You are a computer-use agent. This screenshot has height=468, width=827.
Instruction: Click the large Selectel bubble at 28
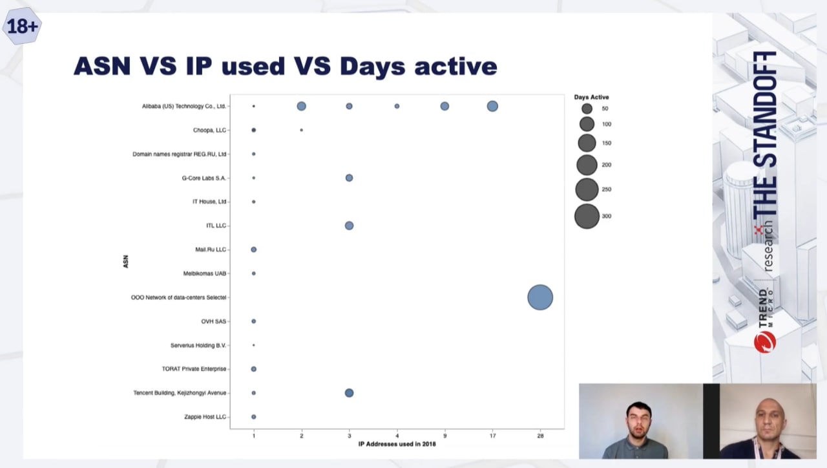540,297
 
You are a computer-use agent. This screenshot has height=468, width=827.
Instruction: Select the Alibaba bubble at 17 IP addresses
492,107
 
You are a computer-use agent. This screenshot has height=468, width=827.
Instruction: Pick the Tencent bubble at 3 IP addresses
349,392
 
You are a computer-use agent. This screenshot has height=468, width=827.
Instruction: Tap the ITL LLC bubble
349,226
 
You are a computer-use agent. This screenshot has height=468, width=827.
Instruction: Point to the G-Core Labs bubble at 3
349,178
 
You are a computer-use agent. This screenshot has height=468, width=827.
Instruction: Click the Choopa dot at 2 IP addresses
302,130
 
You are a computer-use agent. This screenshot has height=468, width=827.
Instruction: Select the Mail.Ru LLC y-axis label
211,250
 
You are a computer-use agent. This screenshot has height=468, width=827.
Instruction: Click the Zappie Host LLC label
205,417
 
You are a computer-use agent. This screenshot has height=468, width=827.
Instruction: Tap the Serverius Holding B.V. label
198,345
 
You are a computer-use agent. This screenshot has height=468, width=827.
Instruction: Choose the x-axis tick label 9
445,436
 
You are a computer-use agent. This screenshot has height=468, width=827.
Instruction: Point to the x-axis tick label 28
540,436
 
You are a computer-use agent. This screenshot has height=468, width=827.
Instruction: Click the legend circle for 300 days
587,216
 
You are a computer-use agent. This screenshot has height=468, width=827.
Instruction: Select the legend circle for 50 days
587,109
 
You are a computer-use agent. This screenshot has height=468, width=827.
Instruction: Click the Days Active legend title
591,97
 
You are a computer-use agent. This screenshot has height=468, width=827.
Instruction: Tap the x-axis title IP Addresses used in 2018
397,444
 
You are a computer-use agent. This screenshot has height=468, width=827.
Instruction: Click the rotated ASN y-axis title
125,262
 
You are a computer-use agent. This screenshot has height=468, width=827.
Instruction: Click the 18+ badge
22,27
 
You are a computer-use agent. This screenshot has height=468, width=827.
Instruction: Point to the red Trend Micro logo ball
764,342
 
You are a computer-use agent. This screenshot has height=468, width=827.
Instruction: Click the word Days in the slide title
372,67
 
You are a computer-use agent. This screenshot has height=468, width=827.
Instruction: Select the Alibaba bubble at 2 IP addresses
301,107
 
